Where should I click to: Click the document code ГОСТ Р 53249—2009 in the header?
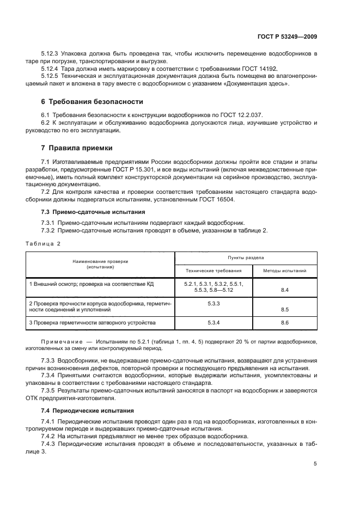point(287,36)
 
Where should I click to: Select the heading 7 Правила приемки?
point(74,148)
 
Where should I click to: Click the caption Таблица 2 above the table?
point(44,243)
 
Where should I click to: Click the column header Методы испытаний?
point(284,270)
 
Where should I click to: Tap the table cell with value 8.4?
point(284,290)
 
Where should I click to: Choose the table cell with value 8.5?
point(284,309)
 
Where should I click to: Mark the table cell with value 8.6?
point(284,323)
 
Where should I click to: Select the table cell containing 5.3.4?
point(213,323)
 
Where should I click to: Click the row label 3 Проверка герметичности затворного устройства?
point(93,323)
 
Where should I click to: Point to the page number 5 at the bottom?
point(315,464)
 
